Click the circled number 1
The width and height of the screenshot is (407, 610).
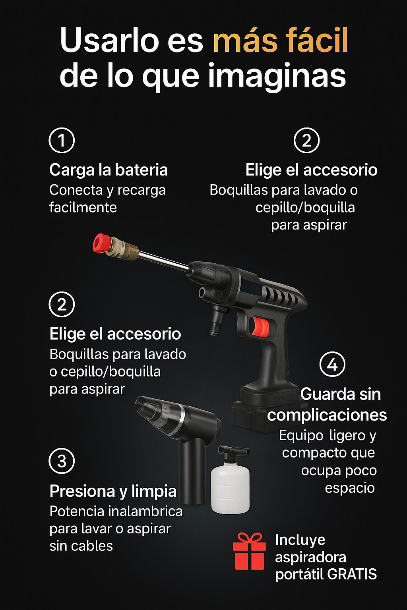[x=62, y=140]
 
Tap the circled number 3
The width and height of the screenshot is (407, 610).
[x=62, y=461]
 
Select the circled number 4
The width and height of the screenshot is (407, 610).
[x=332, y=364]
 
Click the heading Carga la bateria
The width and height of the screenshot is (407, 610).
[x=109, y=170]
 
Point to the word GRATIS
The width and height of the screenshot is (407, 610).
[x=352, y=574]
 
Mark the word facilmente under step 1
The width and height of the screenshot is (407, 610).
[x=83, y=207]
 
